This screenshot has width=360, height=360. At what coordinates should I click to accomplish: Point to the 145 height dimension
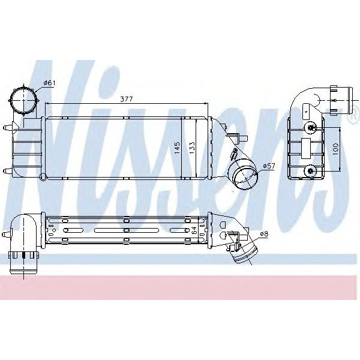click(x=178, y=148)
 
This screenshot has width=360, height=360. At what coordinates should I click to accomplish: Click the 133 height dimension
click(x=193, y=148)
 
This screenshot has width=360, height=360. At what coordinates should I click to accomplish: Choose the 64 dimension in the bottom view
click(x=194, y=229)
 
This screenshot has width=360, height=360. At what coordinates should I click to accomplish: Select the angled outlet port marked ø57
click(x=244, y=173)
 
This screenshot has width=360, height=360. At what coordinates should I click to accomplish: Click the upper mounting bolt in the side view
click(x=311, y=127)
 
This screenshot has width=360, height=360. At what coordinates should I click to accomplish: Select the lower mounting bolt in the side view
click(x=311, y=171)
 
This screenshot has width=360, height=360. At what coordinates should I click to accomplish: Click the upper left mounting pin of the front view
click(x=7, y=127)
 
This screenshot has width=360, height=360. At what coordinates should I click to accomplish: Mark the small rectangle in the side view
click(x=305, y=146)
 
